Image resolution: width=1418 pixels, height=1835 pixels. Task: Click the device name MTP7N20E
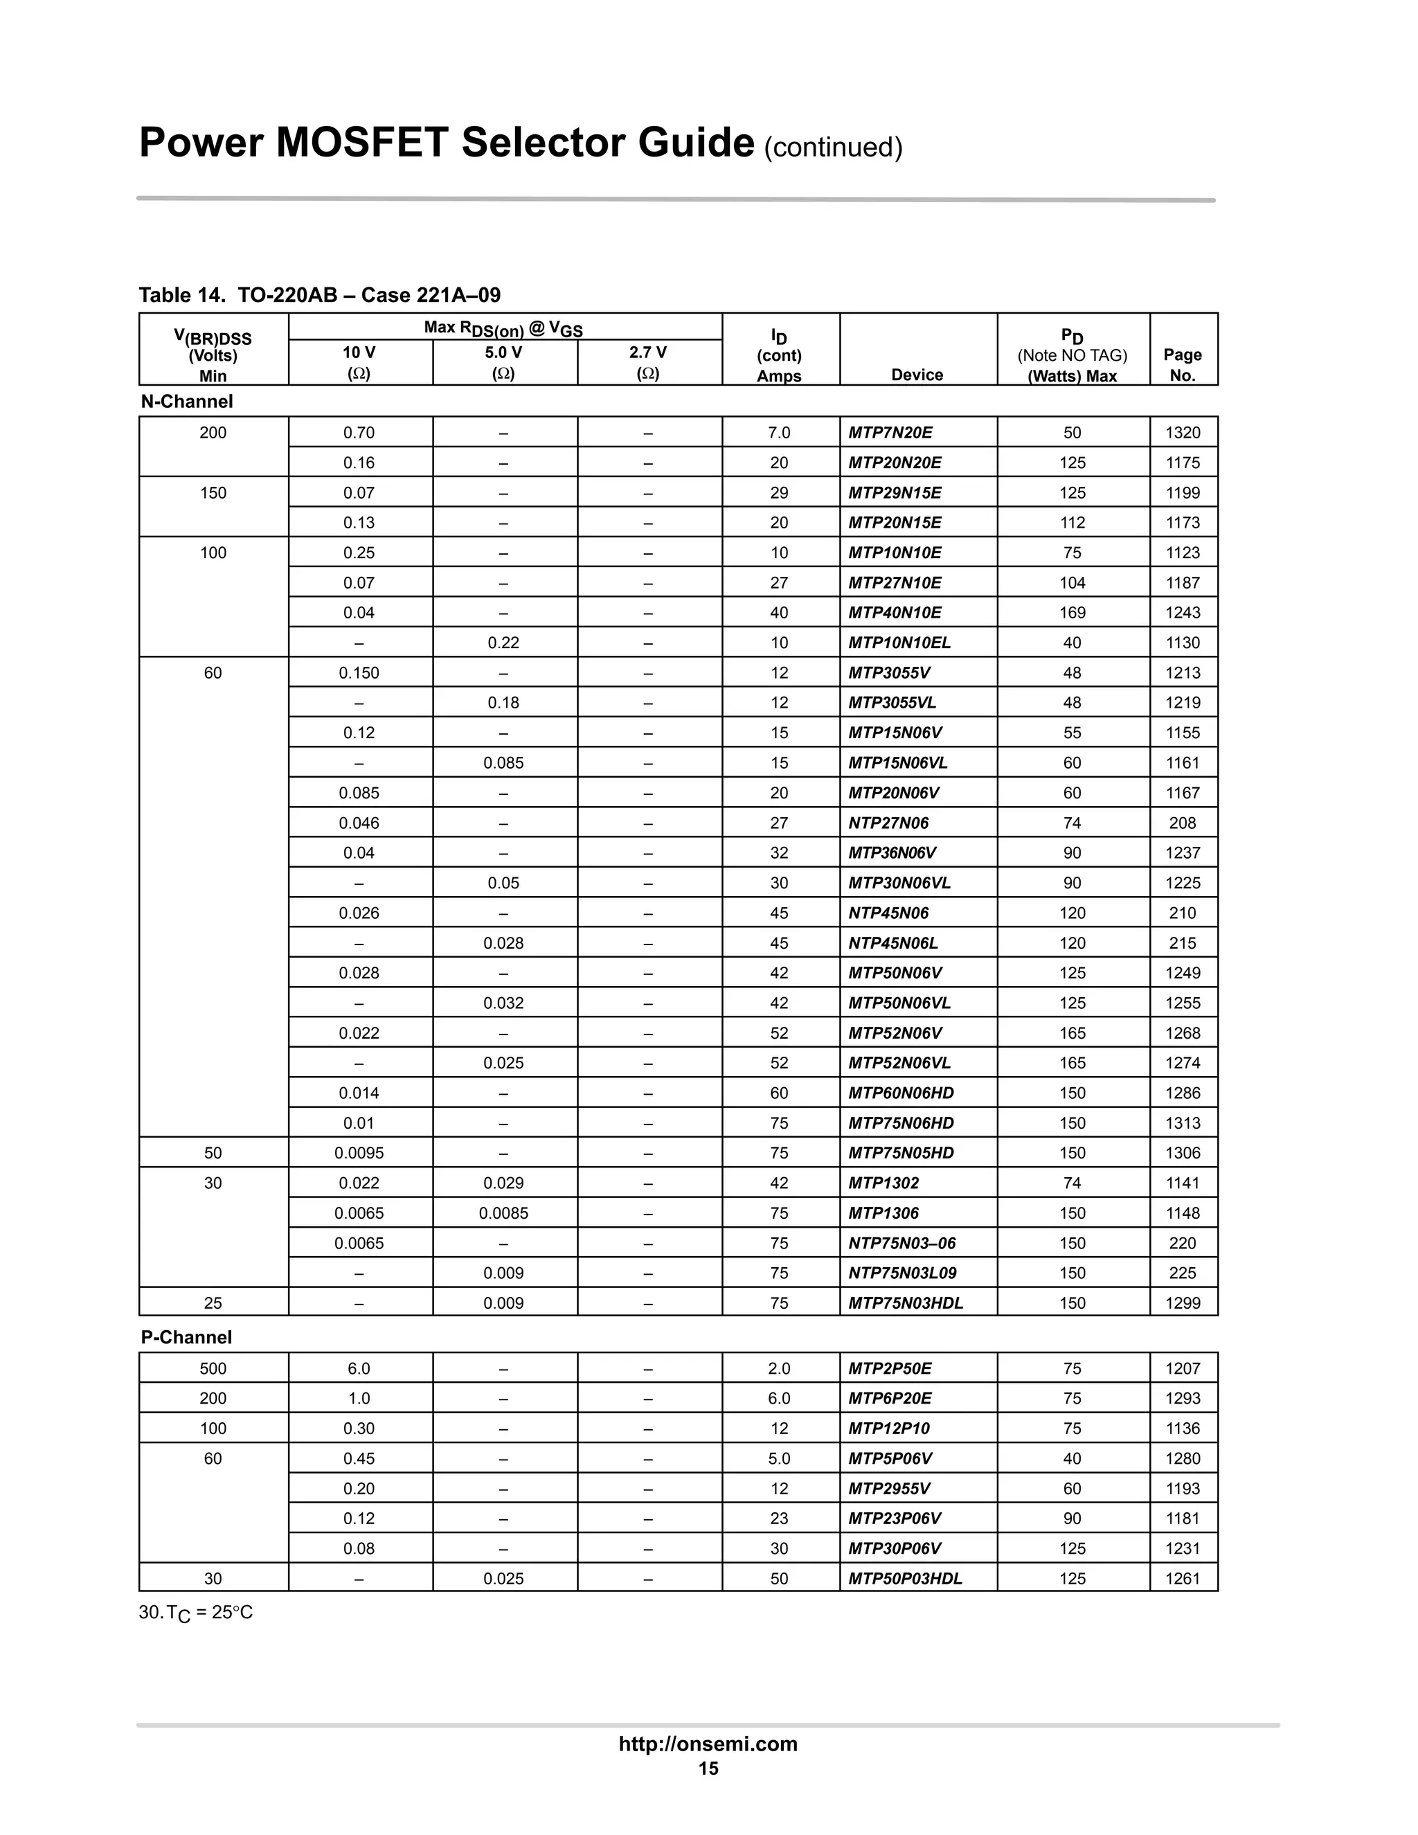(x=890, y=433)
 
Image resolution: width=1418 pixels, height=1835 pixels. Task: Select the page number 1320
(x=1182, y=433)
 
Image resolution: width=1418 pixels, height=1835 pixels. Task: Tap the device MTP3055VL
(x=891, y=702)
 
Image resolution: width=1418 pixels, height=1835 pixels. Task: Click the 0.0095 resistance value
(x=359, y=1153)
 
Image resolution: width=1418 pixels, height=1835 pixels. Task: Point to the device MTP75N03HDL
(x=905, y=1303)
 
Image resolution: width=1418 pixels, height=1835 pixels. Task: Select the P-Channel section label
(x=186, y=1336)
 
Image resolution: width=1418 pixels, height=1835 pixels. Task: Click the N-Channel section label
(x=186, y=402)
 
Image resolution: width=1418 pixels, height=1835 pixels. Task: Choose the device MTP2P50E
(x=889, y=1368)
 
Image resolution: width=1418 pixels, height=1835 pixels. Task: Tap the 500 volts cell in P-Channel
(x=213, y=1368)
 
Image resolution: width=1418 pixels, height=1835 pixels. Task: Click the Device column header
(x=917, y=375)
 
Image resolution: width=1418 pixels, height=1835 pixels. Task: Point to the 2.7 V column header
(x=647, y=353)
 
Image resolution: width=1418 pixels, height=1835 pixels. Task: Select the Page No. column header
(x=1182, y=365)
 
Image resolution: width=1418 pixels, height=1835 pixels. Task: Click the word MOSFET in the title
(x=362, y=142)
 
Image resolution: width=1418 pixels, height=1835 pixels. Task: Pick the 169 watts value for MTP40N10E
(x=1072, y=613)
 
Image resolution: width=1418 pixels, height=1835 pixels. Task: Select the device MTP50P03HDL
(x=905, y=1578)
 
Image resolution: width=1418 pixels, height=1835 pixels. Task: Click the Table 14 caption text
(x=319, y=295)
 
